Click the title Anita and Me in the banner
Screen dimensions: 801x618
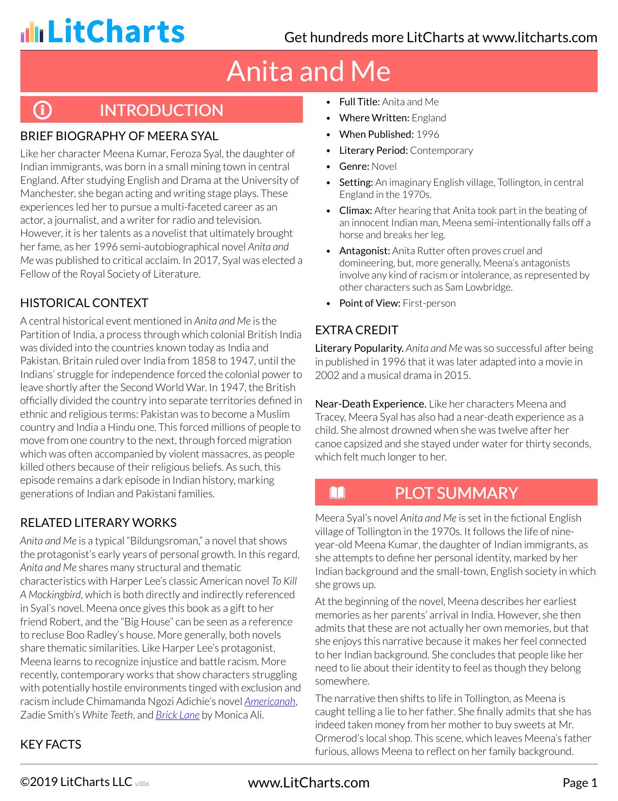308,71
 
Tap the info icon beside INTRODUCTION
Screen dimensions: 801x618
42,110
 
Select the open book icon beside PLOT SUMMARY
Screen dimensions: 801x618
337,493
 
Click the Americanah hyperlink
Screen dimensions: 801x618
270,702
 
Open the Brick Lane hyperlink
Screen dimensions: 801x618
177,715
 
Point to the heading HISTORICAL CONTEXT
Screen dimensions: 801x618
84,303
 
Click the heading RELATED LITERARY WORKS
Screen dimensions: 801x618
98,523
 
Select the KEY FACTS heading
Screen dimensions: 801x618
50,744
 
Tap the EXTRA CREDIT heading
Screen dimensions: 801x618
356,330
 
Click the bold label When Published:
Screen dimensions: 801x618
376,134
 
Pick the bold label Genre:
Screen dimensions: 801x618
354,166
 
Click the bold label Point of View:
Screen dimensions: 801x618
369,303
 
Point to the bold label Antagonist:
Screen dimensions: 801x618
364,251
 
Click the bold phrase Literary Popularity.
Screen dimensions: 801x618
359,348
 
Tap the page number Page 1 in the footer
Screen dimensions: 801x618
580,783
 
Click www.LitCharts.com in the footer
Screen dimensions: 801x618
308,783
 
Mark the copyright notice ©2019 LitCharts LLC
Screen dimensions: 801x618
76,782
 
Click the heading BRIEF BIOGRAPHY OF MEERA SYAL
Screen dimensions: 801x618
119,136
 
